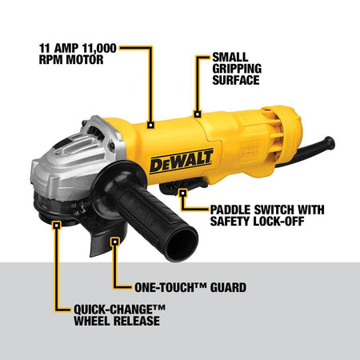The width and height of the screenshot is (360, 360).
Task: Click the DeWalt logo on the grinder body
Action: click(181, 162)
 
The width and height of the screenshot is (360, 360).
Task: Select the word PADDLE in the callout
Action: click(233, 210)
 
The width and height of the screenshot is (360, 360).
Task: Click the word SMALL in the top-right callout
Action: click(230, 58)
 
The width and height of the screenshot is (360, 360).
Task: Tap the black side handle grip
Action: click(160, 215)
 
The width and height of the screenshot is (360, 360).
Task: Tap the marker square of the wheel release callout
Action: click(55, 226)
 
